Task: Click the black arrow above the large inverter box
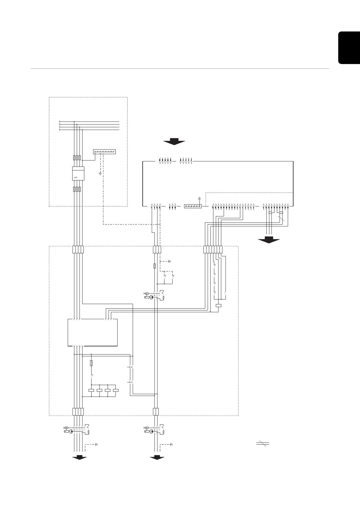tap(174, 141)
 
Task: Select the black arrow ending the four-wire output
tap(79, 458)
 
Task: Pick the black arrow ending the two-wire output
tap(157, 458)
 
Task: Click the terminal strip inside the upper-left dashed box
tap(105, 152)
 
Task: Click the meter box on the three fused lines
tap(78, 173)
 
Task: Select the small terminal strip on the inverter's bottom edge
tap(193, 206)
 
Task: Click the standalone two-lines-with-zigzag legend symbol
tap(262, 444)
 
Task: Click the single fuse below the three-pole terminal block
tap(155, 266)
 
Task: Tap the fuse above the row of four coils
tap(91, 363)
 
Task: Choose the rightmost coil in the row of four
tap(116, 390)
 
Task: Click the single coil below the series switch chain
tap(219, 305)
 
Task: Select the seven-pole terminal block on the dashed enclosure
tap(213, 249)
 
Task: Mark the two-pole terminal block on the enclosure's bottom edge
tap(156, 412)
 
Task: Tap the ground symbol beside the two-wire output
tap(171, 444)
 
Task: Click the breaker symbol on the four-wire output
tap(77, 430)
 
